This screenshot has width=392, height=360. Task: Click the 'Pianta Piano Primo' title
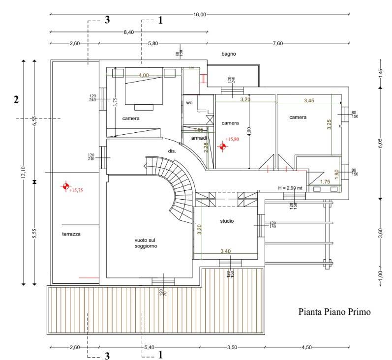(333, 312)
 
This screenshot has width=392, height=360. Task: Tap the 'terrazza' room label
(71, 234)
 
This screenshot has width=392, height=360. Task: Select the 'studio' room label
(227, 221)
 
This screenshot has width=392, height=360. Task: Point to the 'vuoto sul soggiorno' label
(146, 243)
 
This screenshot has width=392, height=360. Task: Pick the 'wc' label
(189, 103)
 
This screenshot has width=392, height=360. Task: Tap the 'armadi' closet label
(199, 139)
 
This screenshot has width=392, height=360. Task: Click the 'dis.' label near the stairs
(172, 150)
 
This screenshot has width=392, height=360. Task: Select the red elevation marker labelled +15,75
(64, 186)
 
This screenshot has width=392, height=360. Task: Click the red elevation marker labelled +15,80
(222, 146)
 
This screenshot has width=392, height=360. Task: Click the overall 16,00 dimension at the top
(200, 15)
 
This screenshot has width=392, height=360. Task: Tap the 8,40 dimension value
(128, 32)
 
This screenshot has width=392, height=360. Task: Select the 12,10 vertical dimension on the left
(23, 172)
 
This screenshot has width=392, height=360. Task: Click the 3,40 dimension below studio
(225, 251)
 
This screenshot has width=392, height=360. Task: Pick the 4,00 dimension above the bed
(144, 75)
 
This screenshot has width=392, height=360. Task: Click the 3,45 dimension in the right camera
(309, 101)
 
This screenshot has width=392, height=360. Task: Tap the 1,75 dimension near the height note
(325, 182)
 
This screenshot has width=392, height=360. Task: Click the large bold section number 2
(16, 99)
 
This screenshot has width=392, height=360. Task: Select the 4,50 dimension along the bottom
(306, 347)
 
